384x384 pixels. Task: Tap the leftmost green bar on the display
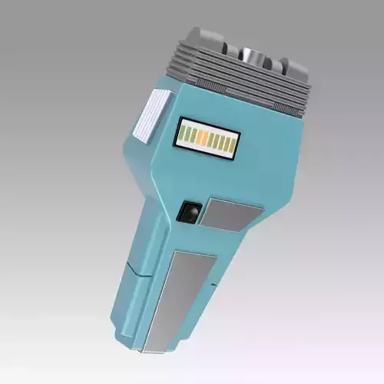[185, 134]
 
